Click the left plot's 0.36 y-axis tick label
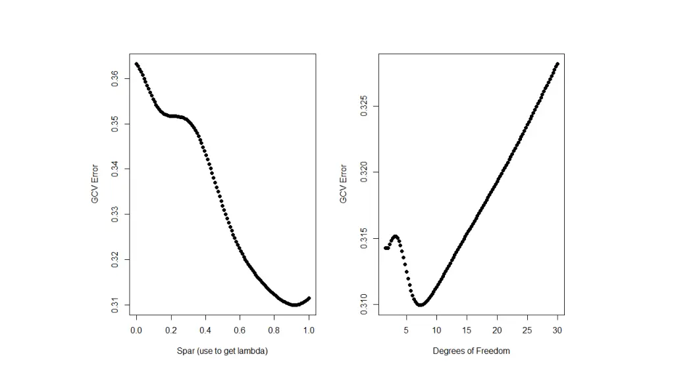coord(115,78)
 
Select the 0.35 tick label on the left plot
coord(115,124)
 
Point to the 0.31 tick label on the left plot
coord(115,305)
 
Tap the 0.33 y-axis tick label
coord(115,214)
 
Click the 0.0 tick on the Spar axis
coord(136,330)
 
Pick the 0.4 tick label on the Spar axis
coord(205,330)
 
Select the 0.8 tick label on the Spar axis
coord(274,330)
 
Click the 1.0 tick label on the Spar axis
coord(309,330)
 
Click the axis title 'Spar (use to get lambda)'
coord(222,351)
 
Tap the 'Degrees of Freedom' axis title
coord(471,351)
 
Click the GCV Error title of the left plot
coord(95,184)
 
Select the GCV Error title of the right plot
coord(343,184)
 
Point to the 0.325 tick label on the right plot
coord(364,107)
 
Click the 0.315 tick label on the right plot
coord(364,238)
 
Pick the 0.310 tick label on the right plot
coord(364,304)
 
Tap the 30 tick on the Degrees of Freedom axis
coord(557,330)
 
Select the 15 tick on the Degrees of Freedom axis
coord(467,330)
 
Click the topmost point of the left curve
coord(136,64)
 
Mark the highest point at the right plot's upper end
coord(557,64)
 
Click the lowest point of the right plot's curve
coord(421,305)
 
